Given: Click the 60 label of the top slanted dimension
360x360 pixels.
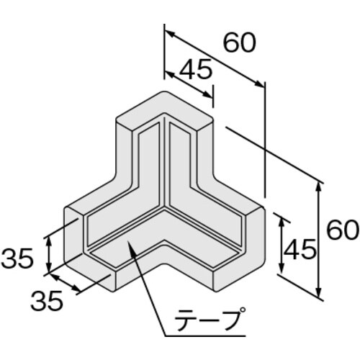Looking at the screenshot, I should point(239,44).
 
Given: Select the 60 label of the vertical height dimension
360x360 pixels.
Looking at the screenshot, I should point(342,230).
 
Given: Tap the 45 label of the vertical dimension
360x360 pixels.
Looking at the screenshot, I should point(299,250).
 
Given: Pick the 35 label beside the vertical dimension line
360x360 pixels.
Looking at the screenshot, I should point(18,258).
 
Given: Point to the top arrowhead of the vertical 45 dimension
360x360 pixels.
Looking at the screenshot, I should point(281,217).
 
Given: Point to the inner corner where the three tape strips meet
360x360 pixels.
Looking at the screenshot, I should point(166,209).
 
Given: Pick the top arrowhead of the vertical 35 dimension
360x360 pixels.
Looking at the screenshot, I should point(49,238).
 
